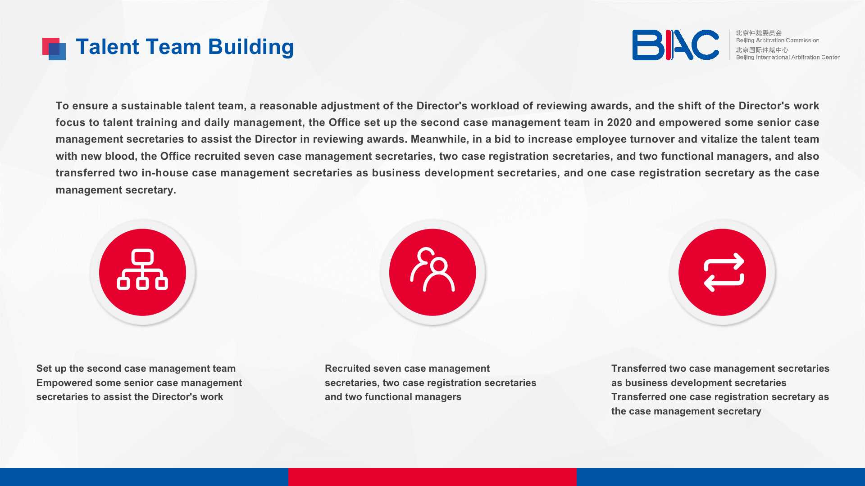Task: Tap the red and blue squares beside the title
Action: [x=54, y=49]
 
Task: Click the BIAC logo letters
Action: [x=676, y=45]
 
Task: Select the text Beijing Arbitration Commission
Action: [x=778, y=40]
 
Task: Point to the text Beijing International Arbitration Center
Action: [x=788, y=57]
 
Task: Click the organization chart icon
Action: [x=142, y=270]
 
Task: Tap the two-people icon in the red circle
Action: [x=432, y=270]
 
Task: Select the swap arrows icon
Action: [x=724, y=272]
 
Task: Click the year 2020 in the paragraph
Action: [x=619, y=122]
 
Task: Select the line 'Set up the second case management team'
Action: [x=136, y=369]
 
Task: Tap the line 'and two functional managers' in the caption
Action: [x=393, y=397]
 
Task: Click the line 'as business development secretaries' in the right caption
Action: [x=699, y=383]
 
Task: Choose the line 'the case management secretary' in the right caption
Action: [x=686, y=411]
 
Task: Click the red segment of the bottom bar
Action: [x=432, y=477]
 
